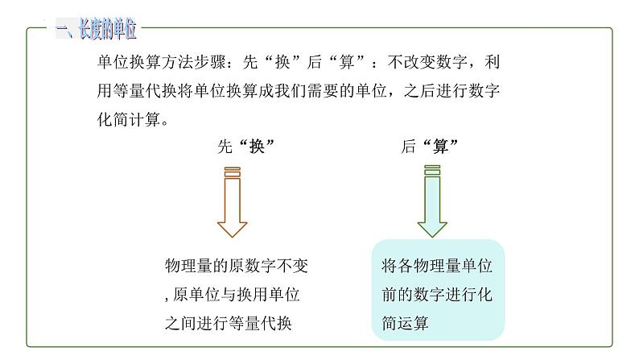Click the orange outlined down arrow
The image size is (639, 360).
pyautogui.click(x=233, y=205)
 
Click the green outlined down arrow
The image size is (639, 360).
pyautogui.click(x=432, y=205)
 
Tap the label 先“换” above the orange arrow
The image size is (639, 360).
pyautogui.click(x=241, y=147)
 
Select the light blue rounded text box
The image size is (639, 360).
pyautogui.click(x=438, y=289)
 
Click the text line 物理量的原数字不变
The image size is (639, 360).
pyautogui.click(x=236, y=267)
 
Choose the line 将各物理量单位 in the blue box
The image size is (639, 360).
pyautogui.click(x=437, y=266)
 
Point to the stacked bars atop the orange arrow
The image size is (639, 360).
pyautogui.click(x=233, y=172)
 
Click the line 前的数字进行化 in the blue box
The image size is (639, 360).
pyautogui.click(x=437, y=295)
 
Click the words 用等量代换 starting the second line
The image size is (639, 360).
pyautogui.click(x=134, y=91)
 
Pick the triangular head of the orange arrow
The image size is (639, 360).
pyautogui.click(x=233, y=225)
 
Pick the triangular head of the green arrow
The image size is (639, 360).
pyautogui.click(x=432, y=225)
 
